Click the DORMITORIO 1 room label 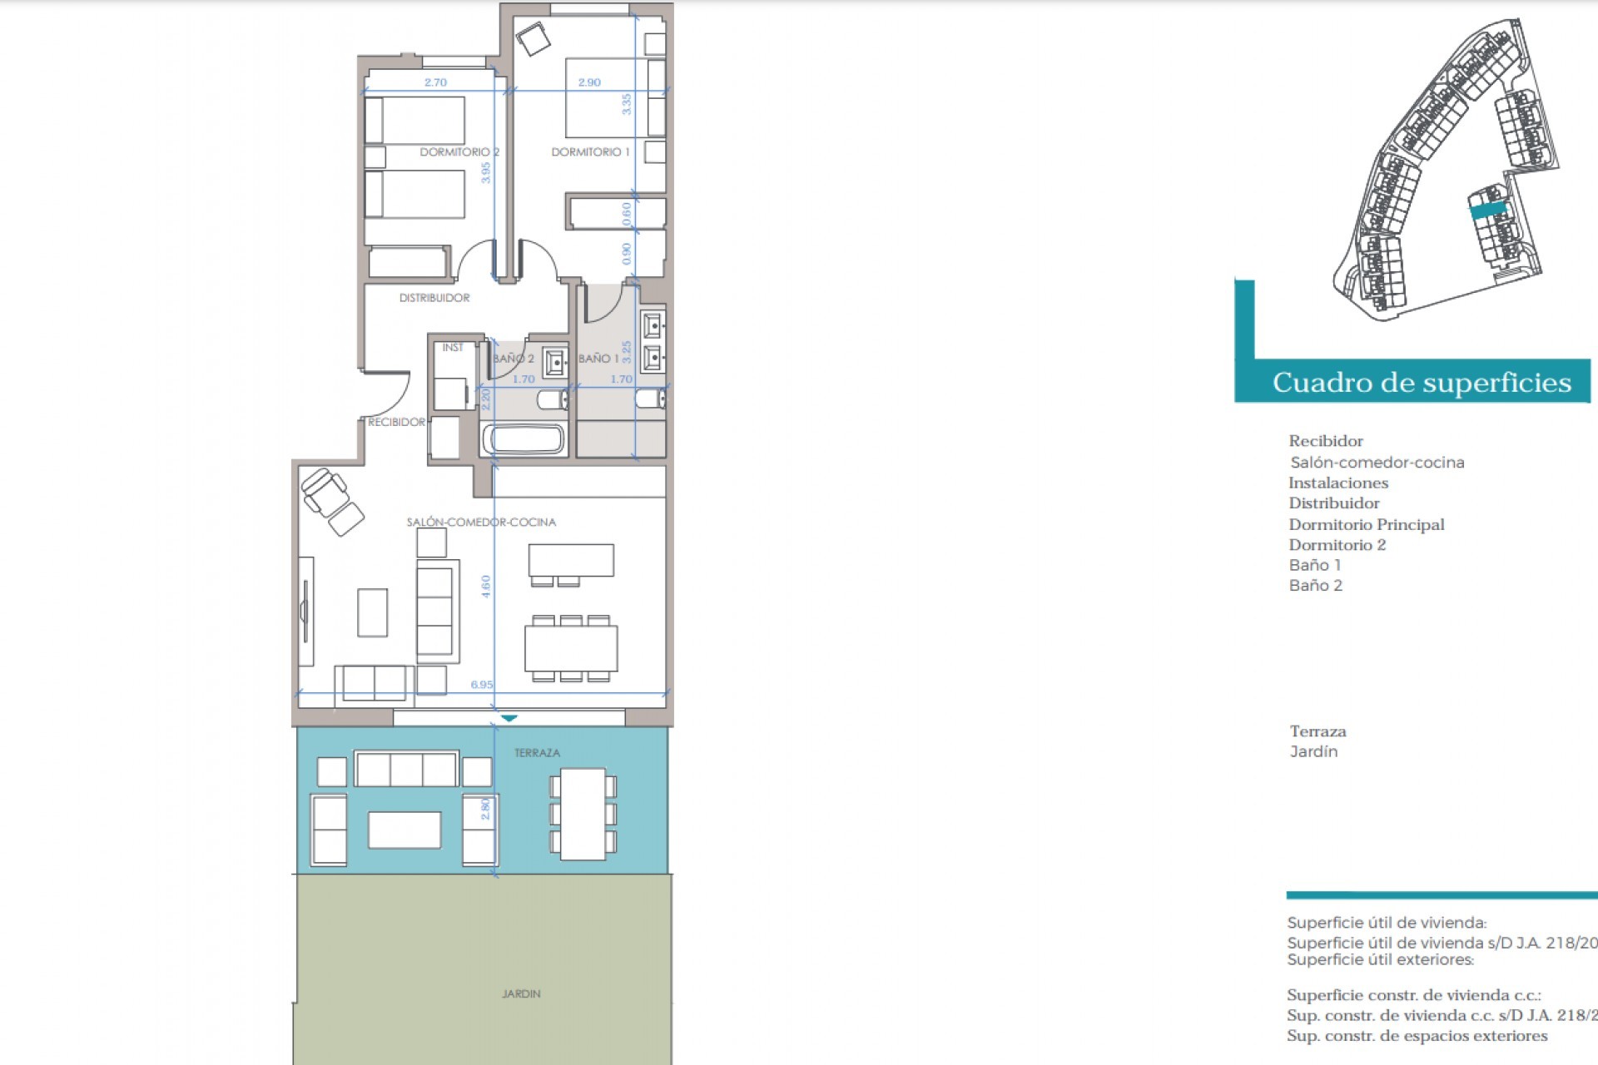pyautogui.click(x=590, y=152)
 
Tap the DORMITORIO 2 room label pyautogui.click(x=459, y=152)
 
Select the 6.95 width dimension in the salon pyautogui.click(x=481, y=685)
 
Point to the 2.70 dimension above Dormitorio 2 pyautogui.click(x=435, y=82)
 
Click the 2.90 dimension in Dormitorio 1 pyautogui.click(x=589, y=82)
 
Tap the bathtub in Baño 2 pyautogui.click(x=524, y=438)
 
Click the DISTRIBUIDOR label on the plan pyautogui.click(x=434, y=298)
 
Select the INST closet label pyautogui.click(x=453, y=348)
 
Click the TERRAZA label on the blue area pyautogui.click(x=537, y=753)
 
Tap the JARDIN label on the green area pyautogui.click(x=521, y=993)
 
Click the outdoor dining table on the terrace pyautogui.click(x=583, y=814)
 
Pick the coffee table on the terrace pyautogui.click(x=404, y=830)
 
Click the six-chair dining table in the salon pyautogui.click(x=571, y=648)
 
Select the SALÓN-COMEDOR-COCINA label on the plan pyautogui.click(x=481, y=523)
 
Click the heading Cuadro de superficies pyautogui.click(x=1421, y=383)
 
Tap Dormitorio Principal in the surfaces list pyautogui.click(x=1366, y=524)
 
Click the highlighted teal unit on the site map pyautogui.click(x=1488, y=210)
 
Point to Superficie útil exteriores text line pyautogui.click(x=1380, y=959)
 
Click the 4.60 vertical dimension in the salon pyautogui.click(x=486, y=586)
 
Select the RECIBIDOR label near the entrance pyautogui.click(x=397, y=423)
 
